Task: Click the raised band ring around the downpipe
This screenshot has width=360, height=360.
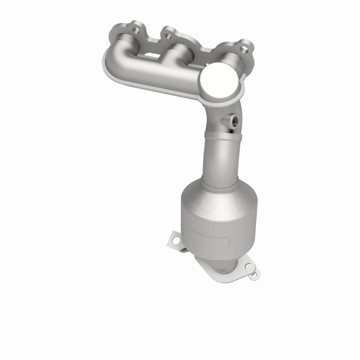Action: (x=222, y=135)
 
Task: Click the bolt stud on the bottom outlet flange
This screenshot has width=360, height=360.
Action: (x=255, y=273)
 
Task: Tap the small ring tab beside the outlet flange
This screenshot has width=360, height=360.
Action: (x=255, y=273)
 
